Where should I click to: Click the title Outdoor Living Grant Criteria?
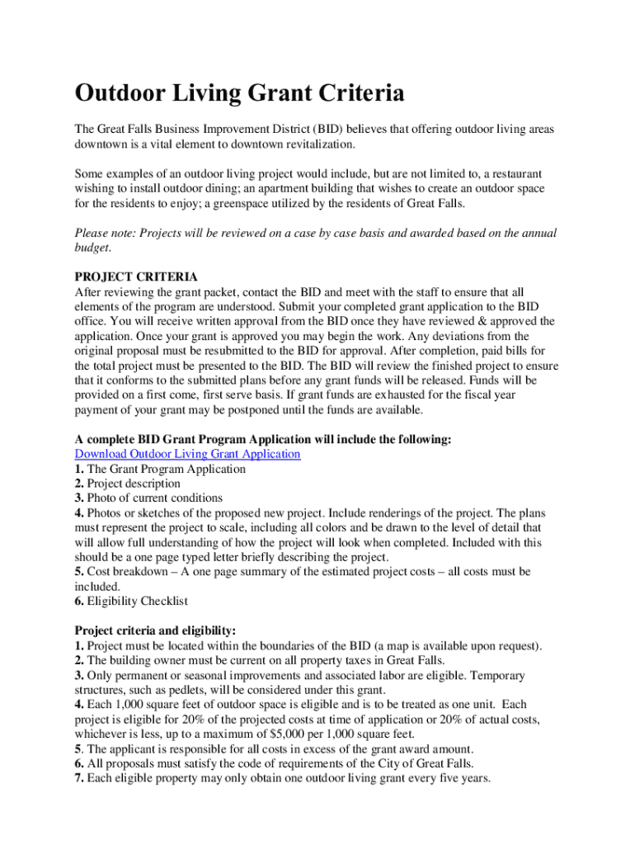tap(239, 94)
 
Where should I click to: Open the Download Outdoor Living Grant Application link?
tap(187, 454)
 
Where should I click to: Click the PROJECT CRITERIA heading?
tap(136, 277)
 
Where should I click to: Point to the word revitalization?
tap(313, 144)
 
